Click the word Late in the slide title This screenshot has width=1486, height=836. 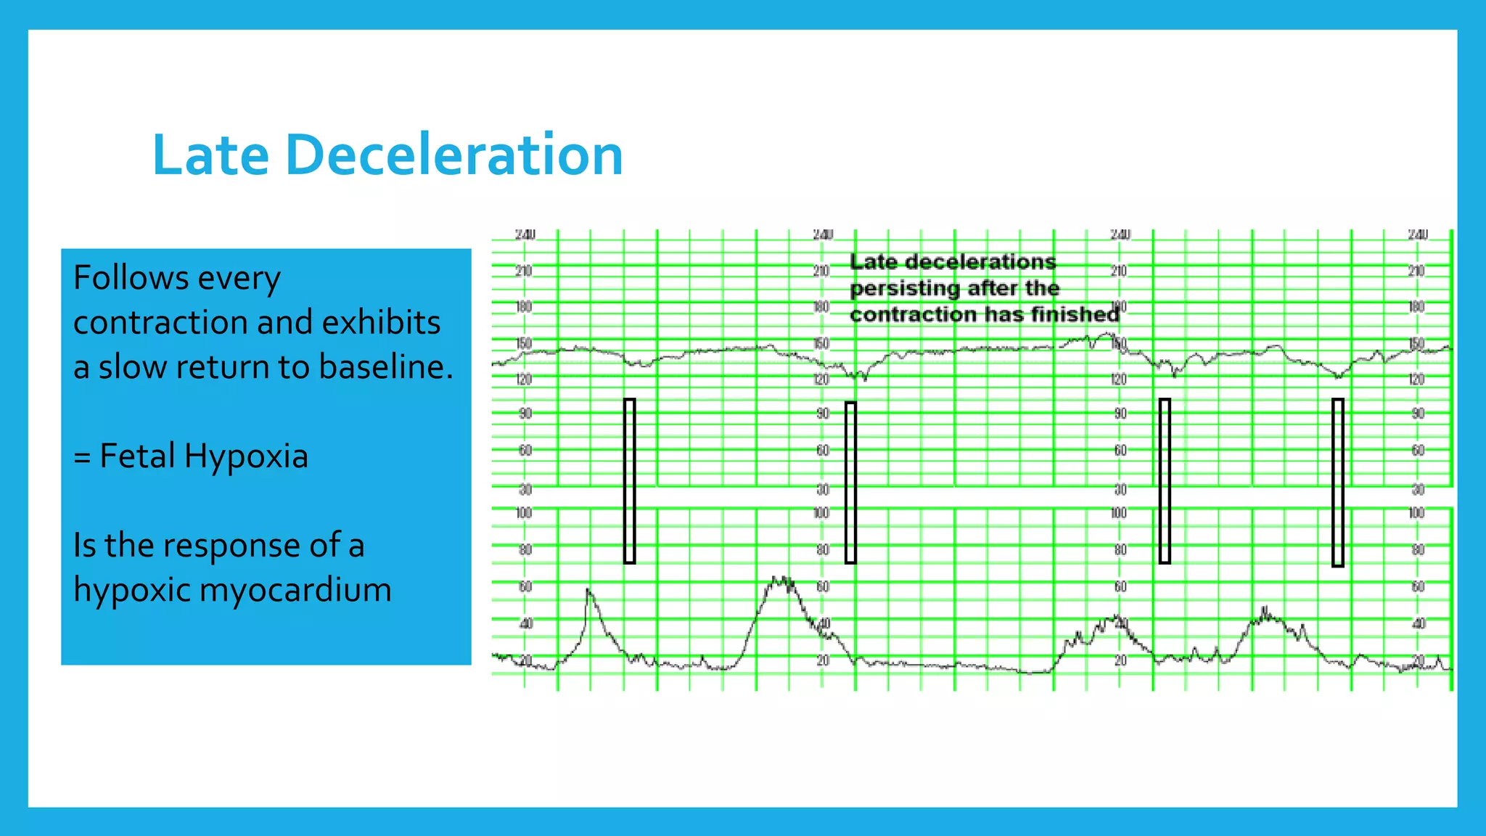(210, 155)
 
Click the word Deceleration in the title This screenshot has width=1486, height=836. (454, 155)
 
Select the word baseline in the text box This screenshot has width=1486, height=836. (385, 367)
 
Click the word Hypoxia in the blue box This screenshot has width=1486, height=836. (246, 456)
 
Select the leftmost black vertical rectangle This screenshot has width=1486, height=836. (630, 480)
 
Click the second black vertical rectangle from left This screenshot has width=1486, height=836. (850, 482)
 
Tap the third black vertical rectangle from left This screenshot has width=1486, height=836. (1165, 480)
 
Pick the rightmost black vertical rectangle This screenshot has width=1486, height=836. (1337, 482)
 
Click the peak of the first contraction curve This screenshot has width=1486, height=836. (588, 591)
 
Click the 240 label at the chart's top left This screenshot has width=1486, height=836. (525, 234)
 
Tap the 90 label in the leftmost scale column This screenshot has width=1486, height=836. (525, 414)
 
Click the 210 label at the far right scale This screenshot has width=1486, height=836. (1416, 271)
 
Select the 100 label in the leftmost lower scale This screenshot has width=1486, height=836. (524, 513)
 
